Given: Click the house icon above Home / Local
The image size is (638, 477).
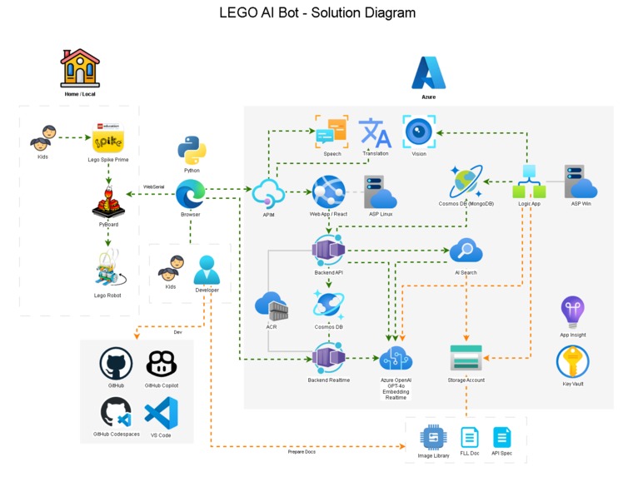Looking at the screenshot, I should click(x=80, y=69).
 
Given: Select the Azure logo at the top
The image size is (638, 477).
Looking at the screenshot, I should click(x=428, y=73).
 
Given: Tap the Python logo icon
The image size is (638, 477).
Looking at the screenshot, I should click(x=192, y=151).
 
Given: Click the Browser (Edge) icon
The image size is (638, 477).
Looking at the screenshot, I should click(x=191, y=195).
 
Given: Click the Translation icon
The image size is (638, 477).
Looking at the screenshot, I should click(x=375, y=133).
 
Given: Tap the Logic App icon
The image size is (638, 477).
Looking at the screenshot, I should click(x=529, y=181).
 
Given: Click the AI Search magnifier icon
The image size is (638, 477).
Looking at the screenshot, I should click(x=466, y=251).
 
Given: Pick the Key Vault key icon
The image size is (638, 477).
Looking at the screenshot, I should click(x=572, y=362).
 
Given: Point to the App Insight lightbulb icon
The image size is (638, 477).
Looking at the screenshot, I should click(x=572, y=311).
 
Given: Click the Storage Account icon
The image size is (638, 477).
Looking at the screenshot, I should click(x=466, y=358).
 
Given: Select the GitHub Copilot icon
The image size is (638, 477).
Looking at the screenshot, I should click(x=161, y=364).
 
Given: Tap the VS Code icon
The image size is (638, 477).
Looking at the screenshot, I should click(x=161, y=413).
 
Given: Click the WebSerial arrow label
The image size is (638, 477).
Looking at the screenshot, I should click(x=153, y=187).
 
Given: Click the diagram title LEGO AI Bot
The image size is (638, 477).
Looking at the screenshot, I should click(x=317, y=13).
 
